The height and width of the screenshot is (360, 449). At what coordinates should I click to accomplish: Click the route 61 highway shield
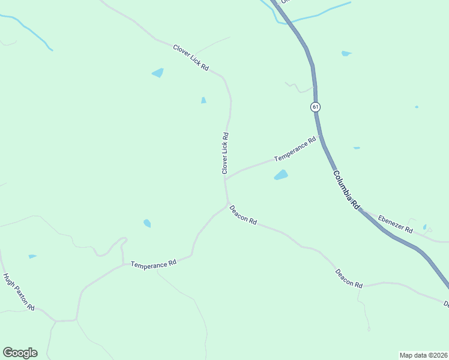(316, 107)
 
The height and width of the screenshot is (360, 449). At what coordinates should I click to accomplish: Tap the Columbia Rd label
(346, 188)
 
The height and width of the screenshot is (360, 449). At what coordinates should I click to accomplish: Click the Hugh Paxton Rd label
(19, 292)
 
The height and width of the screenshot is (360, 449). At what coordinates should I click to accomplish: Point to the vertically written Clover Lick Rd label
(226, 154)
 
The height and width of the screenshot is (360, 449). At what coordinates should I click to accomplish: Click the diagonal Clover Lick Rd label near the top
(190, 58)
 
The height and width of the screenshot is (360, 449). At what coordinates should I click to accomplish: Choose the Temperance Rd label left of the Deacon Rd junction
(154, 264)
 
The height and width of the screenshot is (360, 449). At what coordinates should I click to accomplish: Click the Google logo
(20, 353)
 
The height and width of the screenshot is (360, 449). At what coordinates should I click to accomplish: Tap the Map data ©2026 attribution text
(423, 355)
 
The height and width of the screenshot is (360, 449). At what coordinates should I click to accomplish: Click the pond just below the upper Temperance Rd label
(281, 175)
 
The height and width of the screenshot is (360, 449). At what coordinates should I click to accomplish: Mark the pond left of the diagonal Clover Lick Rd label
(157, 73)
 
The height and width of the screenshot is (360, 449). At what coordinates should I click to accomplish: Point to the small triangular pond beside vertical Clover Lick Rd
(203, 100)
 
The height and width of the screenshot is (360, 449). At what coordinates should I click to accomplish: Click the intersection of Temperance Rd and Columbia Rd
(320, 136)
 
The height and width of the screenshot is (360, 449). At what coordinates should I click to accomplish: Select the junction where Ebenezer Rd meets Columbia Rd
(362, 211)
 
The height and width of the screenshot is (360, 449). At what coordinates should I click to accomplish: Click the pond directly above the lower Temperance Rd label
(147, 223)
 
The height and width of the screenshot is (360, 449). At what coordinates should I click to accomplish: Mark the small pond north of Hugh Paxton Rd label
(32, 256)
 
